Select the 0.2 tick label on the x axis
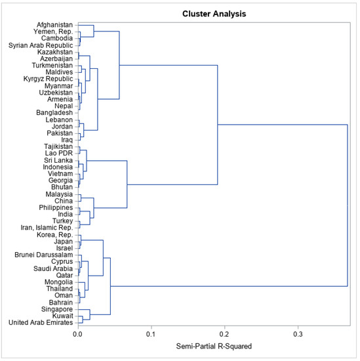225,333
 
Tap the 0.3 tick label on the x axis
298,333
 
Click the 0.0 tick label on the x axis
78,333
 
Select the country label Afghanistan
52,25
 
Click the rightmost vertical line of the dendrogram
347,205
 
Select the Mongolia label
56,282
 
